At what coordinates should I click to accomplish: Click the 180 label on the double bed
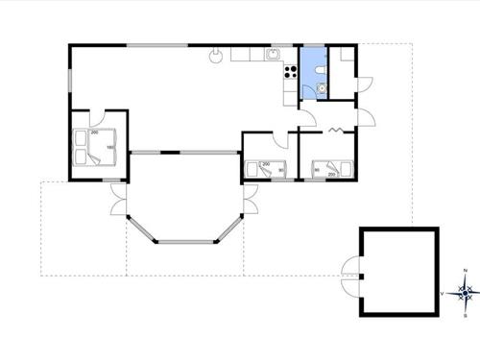click(110, 147)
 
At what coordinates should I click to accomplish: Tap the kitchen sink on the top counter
click(274, 53)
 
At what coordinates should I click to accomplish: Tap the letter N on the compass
click(466, 274)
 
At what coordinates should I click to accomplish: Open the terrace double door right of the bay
click(251, 202)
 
